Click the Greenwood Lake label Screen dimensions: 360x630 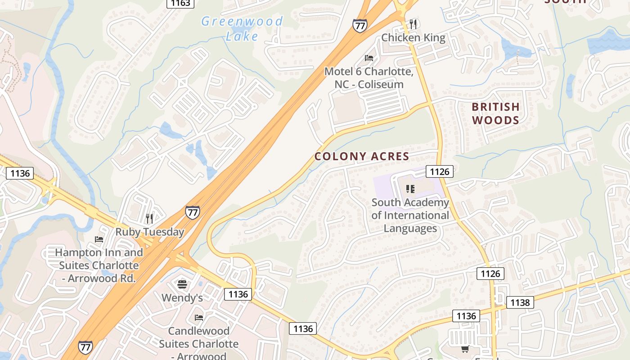click(x=242, y=28)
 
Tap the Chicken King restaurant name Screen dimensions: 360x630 click(x=413, y=38)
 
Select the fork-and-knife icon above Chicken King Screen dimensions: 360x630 click(x=413, y=24)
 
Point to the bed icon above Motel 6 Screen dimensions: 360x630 click(x=369, y=58)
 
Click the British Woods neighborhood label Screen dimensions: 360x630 click(x=495, y=113)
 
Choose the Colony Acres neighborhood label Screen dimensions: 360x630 click(x=362, y=157)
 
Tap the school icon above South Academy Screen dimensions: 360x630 click(x=410, y=189)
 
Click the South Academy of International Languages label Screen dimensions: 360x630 click(x=410, y=215)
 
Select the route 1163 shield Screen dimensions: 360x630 click(x=180, y=3)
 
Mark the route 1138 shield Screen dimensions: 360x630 click(x=520, y=302)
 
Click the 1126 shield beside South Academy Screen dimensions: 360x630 click(x=440, y=171)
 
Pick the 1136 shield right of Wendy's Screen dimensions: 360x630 click(x=238, y=294)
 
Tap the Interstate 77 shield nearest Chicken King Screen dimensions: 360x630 click(x=360, y=26)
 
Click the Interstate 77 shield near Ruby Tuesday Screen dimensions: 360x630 click(x=193, y=212)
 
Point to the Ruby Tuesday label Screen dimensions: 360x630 click(x=150, y=232)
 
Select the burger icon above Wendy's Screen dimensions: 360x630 click(x=182, y=284)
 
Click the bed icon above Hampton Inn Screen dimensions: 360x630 click(x=99, y=239)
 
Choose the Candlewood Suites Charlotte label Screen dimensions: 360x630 click(x=198, y=343)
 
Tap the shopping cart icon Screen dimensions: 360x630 click(x=465, y=349)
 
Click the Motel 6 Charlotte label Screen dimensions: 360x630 click(x=369, y=77)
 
